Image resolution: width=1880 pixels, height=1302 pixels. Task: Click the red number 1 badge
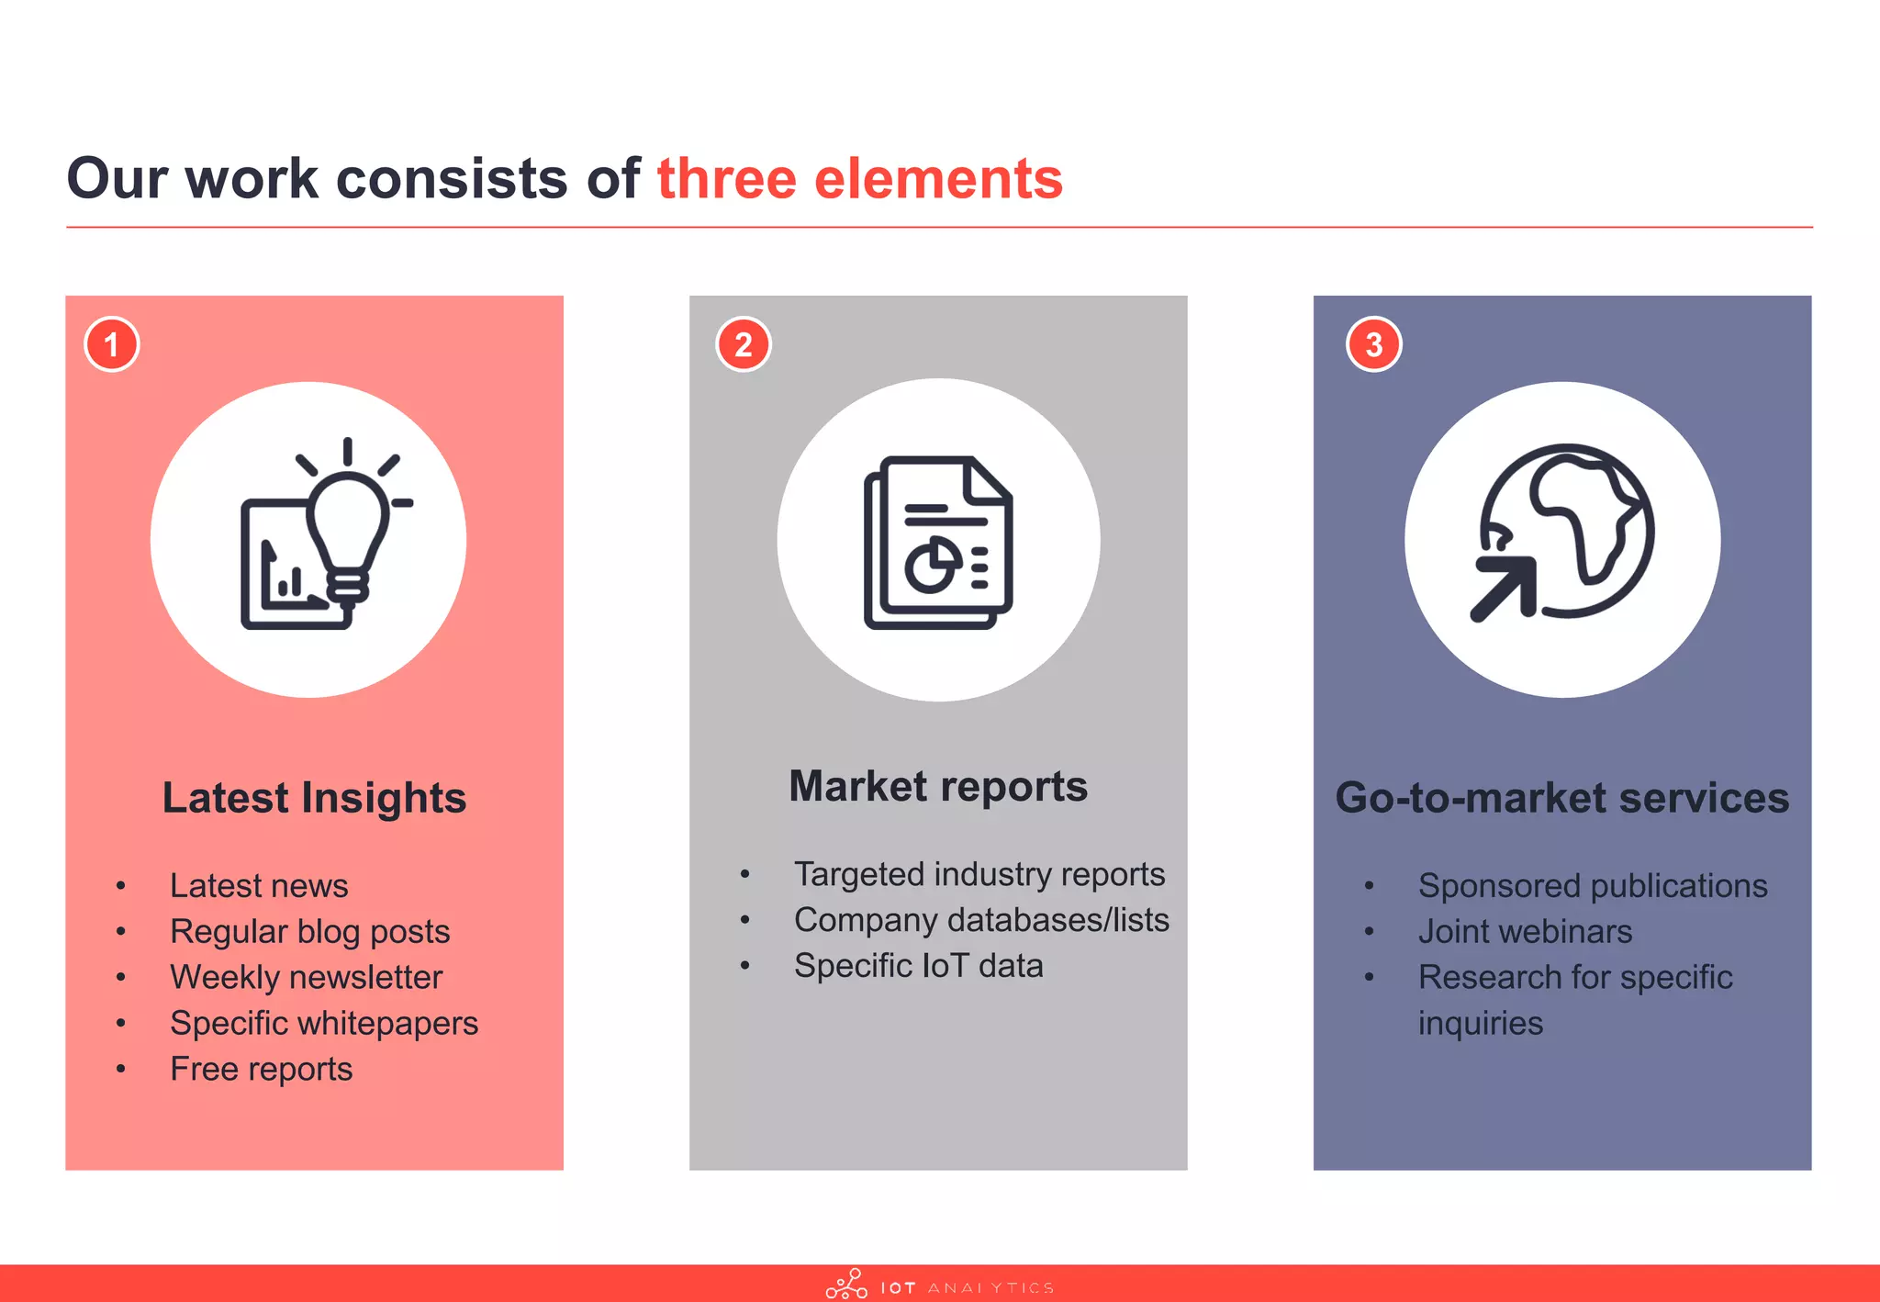(111, 344)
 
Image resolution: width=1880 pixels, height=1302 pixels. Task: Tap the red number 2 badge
(743, 344)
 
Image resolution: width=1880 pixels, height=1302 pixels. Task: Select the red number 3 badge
(1373, 344)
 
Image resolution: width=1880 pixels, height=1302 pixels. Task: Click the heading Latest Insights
(314, 797)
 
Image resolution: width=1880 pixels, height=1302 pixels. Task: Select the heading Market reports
(938, 786)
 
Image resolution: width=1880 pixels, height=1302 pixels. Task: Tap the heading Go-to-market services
(1561, 797)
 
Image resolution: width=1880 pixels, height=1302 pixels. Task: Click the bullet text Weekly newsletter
(306, 977)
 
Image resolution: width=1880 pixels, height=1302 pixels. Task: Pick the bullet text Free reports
(261, 1069)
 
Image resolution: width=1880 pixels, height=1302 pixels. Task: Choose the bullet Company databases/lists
(980, 920)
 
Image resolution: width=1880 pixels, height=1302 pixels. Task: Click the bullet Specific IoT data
(918, 966)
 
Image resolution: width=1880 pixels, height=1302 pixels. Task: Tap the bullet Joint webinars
(1525, 931)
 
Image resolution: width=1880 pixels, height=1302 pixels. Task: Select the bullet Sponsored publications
(1592, 885)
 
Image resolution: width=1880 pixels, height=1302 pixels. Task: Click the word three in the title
(726, 178)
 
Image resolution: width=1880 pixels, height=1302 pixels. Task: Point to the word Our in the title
(117, 178)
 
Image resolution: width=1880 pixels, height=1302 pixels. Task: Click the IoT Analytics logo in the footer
(938, 1285)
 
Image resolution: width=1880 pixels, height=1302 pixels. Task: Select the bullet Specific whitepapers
(323, 1023)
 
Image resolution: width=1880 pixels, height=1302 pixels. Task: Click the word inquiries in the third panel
(1480, 1023)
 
